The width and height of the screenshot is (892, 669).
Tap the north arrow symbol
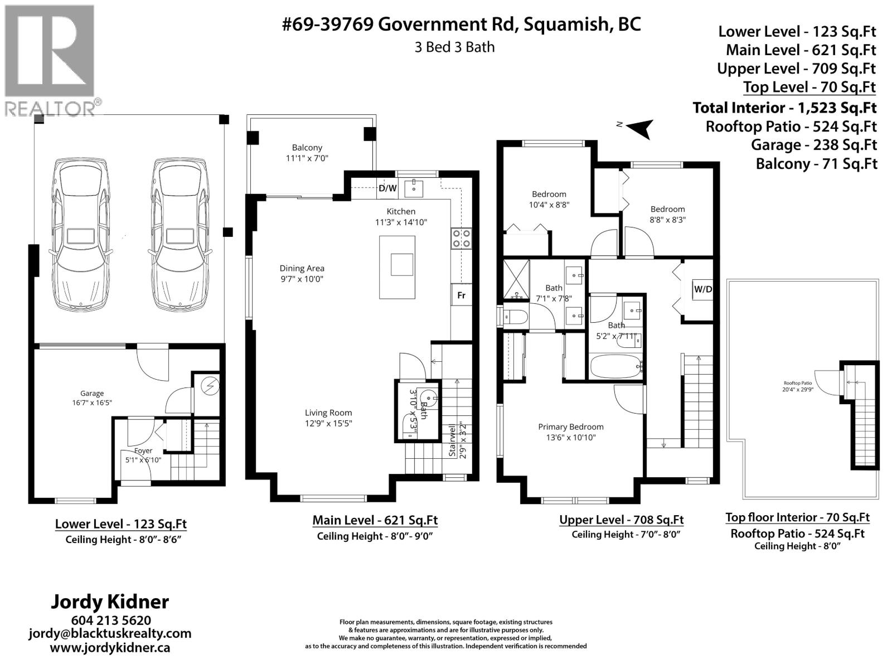coord(639,128)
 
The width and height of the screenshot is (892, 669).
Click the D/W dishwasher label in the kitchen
coord(387,188)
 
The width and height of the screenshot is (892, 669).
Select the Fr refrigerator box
coord(461,295)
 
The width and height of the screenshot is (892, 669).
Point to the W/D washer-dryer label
coord(702,289)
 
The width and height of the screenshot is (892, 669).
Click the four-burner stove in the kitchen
coord(461,239)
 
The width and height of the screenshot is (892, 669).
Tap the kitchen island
coord(397,267)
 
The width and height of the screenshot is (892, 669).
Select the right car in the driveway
coord(180,232)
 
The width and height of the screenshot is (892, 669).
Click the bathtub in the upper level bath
coord(615,366)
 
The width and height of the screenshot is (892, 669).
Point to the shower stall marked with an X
coord(516,279)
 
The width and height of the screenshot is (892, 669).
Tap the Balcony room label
coord(307,148)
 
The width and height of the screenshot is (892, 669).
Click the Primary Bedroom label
coord(570,427)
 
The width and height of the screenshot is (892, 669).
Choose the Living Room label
coord(328,413)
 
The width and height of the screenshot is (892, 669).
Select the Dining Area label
coord(302,268)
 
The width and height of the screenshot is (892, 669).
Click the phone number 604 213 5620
coord(110,620)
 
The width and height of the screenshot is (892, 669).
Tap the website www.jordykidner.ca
coord(110,647)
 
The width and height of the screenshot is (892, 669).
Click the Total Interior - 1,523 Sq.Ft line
coord(784,108)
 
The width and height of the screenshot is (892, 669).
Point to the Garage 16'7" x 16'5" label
coord(92,398)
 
